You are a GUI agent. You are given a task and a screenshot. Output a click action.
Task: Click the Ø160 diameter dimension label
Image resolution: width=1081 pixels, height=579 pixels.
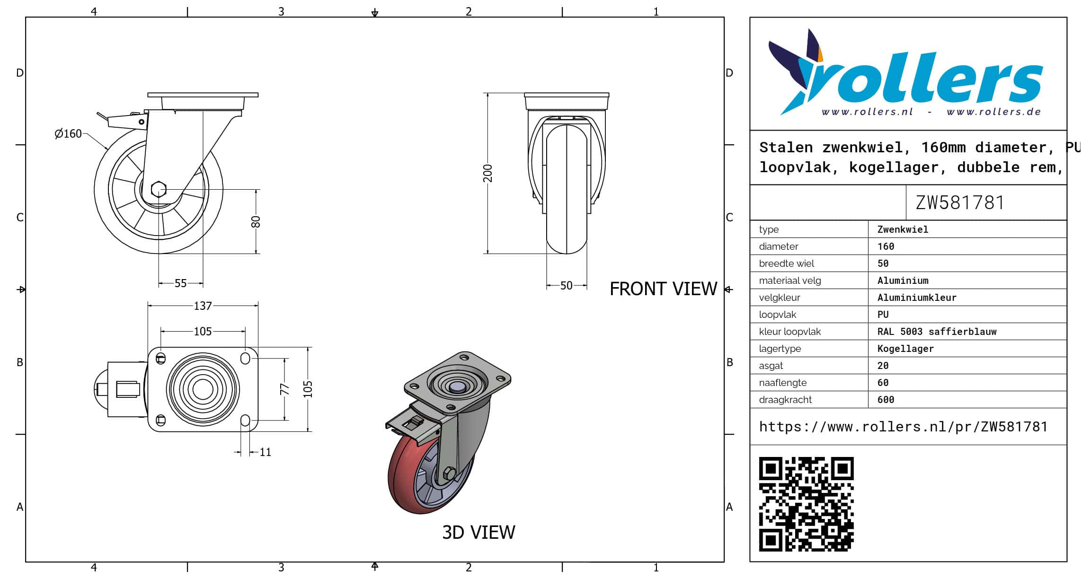(x=68, y=134)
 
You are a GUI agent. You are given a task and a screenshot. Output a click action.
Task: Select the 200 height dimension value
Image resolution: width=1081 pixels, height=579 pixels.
(x=488, y=173)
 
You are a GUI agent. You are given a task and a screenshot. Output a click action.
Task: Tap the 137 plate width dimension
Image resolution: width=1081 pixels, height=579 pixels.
(x=203, y=306)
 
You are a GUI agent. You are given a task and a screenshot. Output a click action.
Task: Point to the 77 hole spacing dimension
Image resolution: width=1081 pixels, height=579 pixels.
(x=284, y=389)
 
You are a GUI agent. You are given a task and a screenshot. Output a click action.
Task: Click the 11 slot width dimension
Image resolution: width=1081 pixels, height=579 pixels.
(x=266, y=452)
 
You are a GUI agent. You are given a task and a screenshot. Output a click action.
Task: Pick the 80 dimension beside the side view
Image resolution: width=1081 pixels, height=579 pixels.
(x=256, y=221)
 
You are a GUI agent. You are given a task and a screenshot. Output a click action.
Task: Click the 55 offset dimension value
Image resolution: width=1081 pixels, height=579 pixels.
(x=181, y=283)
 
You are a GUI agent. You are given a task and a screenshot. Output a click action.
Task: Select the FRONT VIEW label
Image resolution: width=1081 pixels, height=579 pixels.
(x=663, y=289)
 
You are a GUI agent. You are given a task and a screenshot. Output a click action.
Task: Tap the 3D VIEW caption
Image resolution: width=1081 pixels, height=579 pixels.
(x=478, y=532)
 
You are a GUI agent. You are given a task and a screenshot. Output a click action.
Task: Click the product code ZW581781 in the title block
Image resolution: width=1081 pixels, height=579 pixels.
(x=960, y=202)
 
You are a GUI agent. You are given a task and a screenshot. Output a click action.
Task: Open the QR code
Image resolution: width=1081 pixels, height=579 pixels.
(x=806, y=504)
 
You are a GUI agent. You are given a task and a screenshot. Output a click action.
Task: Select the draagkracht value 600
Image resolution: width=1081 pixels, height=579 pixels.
(x=886, y=400)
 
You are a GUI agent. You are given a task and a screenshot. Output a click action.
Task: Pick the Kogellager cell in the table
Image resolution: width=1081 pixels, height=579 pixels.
(x=905, y=349)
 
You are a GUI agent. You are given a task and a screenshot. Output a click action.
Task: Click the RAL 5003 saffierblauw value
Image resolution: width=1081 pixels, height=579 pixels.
(x=937, y=332)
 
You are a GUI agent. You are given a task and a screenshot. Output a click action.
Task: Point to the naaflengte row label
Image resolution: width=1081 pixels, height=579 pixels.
(x=783, y=383)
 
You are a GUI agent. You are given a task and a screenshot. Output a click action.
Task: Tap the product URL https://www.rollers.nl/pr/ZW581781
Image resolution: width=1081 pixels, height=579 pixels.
(x=903, y=427)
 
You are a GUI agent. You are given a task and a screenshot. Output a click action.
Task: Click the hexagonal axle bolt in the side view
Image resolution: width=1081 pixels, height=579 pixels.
(x=159, y=190)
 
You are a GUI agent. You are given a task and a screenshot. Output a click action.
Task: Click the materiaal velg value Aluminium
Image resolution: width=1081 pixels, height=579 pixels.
(x=903, y=281)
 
